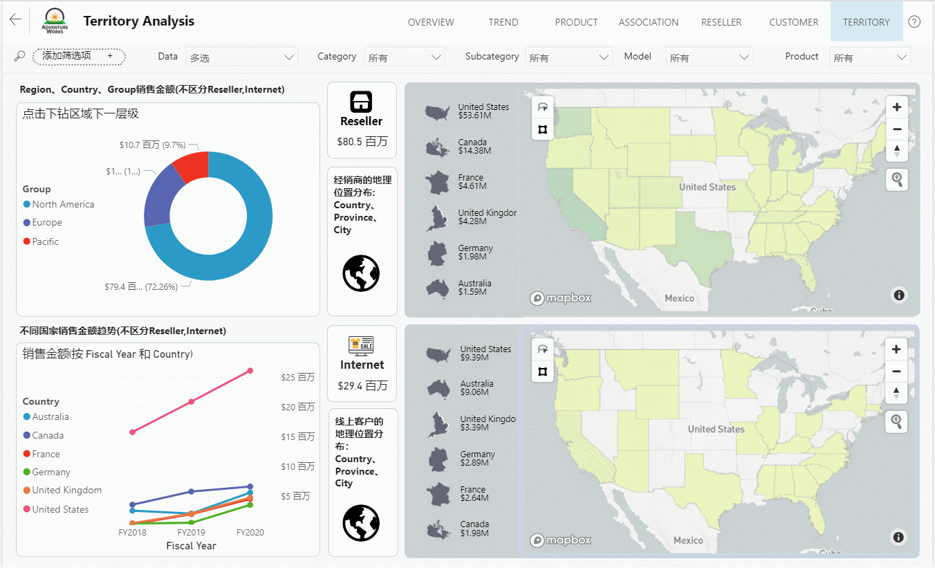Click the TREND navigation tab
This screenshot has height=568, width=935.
(503, 22)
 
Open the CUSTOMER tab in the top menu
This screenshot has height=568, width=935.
(793, 22)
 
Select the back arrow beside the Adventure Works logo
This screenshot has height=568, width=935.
(15, 20)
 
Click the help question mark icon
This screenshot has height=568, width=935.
(914, 21)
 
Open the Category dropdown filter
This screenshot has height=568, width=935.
(405, 57)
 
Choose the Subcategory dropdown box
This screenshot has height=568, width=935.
(568, 57)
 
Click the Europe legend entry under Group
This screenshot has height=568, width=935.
(46, 223)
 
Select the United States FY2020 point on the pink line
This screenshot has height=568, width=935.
(250, 371)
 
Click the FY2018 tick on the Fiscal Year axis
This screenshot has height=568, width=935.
(133, 533)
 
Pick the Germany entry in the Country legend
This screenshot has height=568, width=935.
(50, 473)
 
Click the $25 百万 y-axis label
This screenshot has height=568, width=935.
(297, 378)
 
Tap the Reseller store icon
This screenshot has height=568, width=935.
(362, 102)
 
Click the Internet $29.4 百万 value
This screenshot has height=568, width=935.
(362, 385)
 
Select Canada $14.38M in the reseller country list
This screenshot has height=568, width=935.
(474, 146)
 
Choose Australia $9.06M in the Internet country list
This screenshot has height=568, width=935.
(476, 387)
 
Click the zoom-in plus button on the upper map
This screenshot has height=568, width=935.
(896, 107)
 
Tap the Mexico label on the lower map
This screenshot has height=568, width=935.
(688, 540)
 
